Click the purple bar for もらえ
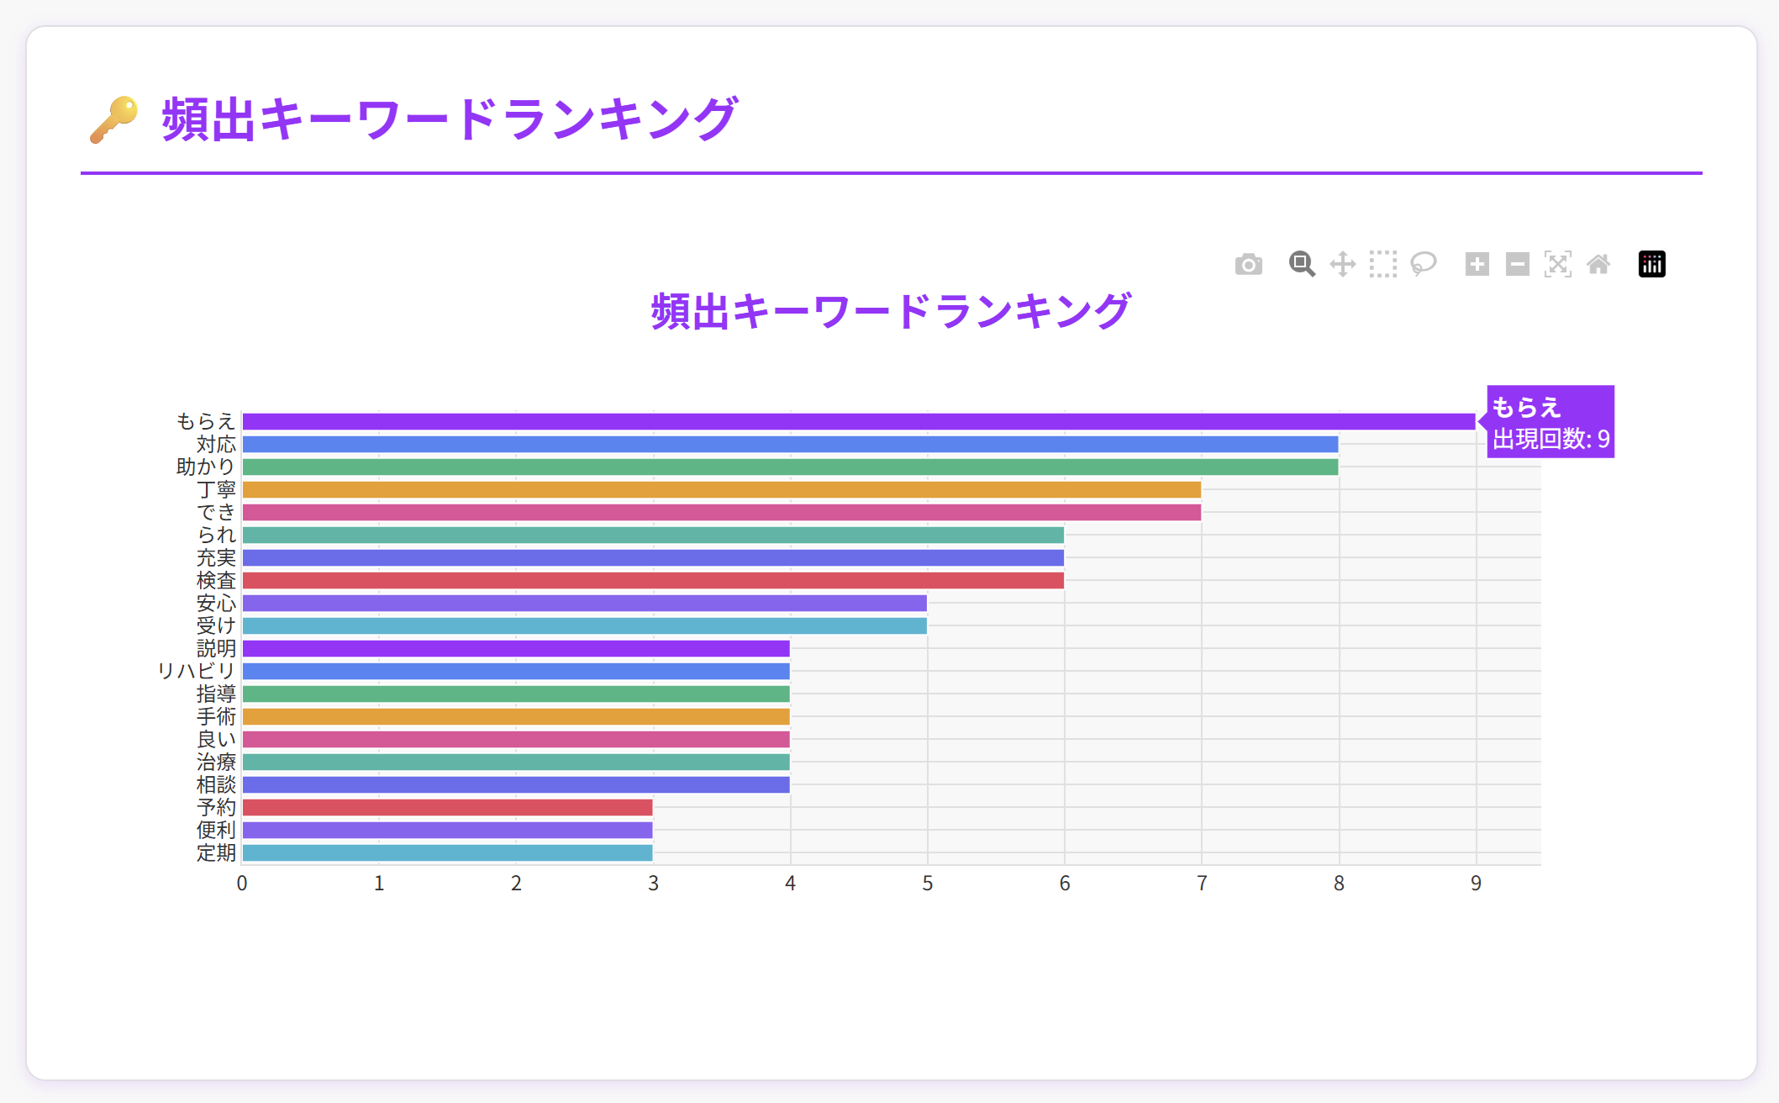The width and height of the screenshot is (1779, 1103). tap(857, 421)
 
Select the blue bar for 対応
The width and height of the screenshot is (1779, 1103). tap(790, 444)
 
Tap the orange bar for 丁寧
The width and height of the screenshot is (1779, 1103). tap(721, 489)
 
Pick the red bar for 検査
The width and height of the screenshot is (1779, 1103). tap(653, 580)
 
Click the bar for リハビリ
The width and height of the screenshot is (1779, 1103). tap(516, 671)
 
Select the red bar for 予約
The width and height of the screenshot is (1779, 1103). tap(447, 807)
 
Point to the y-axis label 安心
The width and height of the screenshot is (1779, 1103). tap(216, 603)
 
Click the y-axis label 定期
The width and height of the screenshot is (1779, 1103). tap(216, 852)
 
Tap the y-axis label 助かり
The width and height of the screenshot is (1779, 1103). tap(206, 467)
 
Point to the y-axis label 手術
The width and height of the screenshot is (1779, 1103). tap(216, 716)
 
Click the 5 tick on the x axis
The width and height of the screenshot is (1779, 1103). tap(927, 884)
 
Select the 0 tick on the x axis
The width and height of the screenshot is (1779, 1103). tap(242, 884)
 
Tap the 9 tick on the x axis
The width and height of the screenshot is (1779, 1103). tap(1476, 884)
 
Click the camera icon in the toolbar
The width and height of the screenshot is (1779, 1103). tap(1249, 265)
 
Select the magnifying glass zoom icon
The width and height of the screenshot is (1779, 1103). tap(1302, 264)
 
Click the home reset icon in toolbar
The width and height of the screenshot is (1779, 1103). tap(1598, 265)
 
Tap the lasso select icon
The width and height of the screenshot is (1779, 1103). tap(1424, 264)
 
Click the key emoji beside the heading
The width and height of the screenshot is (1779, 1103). tap(114, 119)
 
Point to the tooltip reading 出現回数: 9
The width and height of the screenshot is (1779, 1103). tap(1550, 438)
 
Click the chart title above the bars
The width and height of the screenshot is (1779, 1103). tap(891, 311)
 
